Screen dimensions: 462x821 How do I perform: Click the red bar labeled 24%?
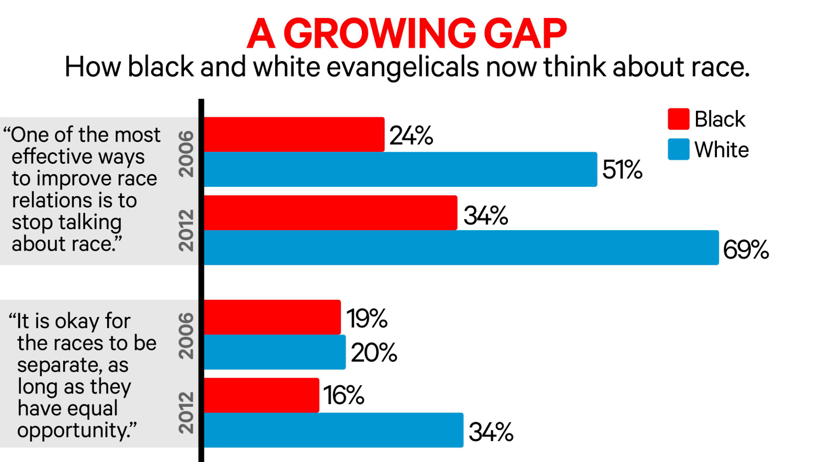click(x=294, y=134)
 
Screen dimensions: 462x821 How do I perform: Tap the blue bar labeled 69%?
click(x=461, y=248)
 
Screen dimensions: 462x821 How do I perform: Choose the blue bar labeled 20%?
click(x=275, y=352)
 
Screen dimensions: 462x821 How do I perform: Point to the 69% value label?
click(x=745, y=250)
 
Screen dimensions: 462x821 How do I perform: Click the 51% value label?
click(x=622, y=170)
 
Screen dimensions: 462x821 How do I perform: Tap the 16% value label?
click(x=344, y=395)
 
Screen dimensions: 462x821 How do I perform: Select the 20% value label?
click(x=374, y=353)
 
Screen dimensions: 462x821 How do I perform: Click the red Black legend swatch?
click(x=678, y=119)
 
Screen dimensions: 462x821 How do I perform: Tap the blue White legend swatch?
click(x=678, y=149)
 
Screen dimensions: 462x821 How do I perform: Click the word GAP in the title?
click(x=525, y=34)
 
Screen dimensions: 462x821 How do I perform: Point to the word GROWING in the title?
click(x=379, y=34)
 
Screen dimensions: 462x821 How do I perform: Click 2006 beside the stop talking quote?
click(x=186, y=154)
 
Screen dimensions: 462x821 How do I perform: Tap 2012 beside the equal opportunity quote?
click(x=186, y=413)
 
